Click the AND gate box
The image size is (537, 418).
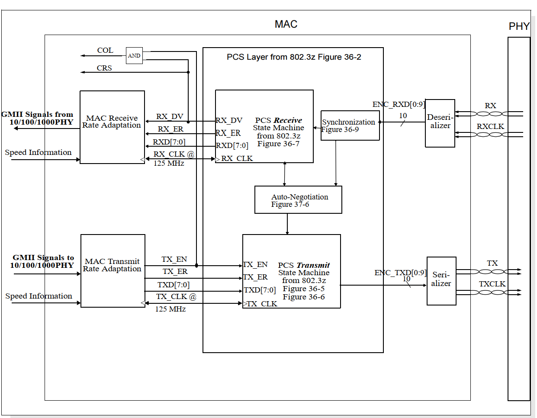134,56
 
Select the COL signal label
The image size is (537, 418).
105,51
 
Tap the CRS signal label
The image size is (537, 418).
104,68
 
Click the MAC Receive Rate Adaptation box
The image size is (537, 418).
112,127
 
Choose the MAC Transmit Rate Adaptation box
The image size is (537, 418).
113,271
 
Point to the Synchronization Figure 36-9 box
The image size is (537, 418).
350,125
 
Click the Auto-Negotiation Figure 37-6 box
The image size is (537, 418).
298,200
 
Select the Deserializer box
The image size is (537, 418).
440,123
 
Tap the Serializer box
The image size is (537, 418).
441,281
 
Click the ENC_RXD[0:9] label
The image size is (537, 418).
399,105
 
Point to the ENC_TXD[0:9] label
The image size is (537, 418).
400,273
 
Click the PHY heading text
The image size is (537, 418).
519,27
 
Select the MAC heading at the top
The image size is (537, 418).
286,24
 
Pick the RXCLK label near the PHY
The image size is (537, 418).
490,126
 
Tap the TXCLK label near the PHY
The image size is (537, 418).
492,284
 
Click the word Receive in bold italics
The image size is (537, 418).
288,120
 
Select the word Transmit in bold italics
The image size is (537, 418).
313,265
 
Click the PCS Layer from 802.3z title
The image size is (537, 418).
294,57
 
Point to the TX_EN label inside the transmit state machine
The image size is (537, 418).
256,264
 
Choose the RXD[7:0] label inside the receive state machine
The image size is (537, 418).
232,145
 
